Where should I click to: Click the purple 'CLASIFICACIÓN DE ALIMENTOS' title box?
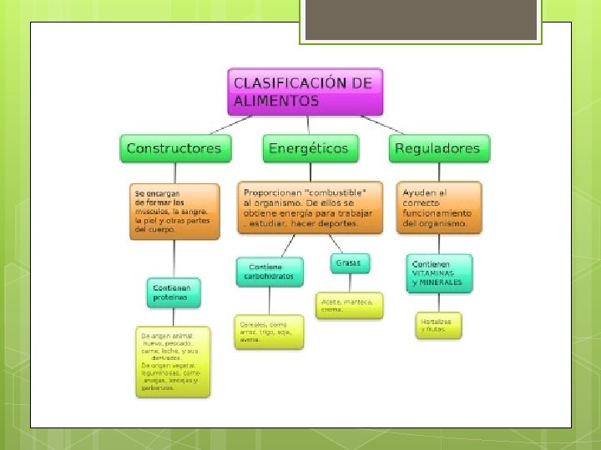305,92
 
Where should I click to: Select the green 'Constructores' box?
174,149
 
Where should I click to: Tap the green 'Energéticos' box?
308,149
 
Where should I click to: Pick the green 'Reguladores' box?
437,149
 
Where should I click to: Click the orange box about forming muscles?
174,212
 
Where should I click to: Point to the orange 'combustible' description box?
310,207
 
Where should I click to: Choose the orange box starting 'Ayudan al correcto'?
439,207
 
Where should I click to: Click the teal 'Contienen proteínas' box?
174,292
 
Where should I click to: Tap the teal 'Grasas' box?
348,263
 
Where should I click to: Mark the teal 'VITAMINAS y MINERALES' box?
439,274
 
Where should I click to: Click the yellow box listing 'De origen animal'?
174,361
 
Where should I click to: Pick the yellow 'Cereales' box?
270,332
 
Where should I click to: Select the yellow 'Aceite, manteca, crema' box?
350,305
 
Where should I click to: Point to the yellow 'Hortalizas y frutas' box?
438,325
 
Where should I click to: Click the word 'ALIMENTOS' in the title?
276,102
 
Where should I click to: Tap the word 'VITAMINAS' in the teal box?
433,273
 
